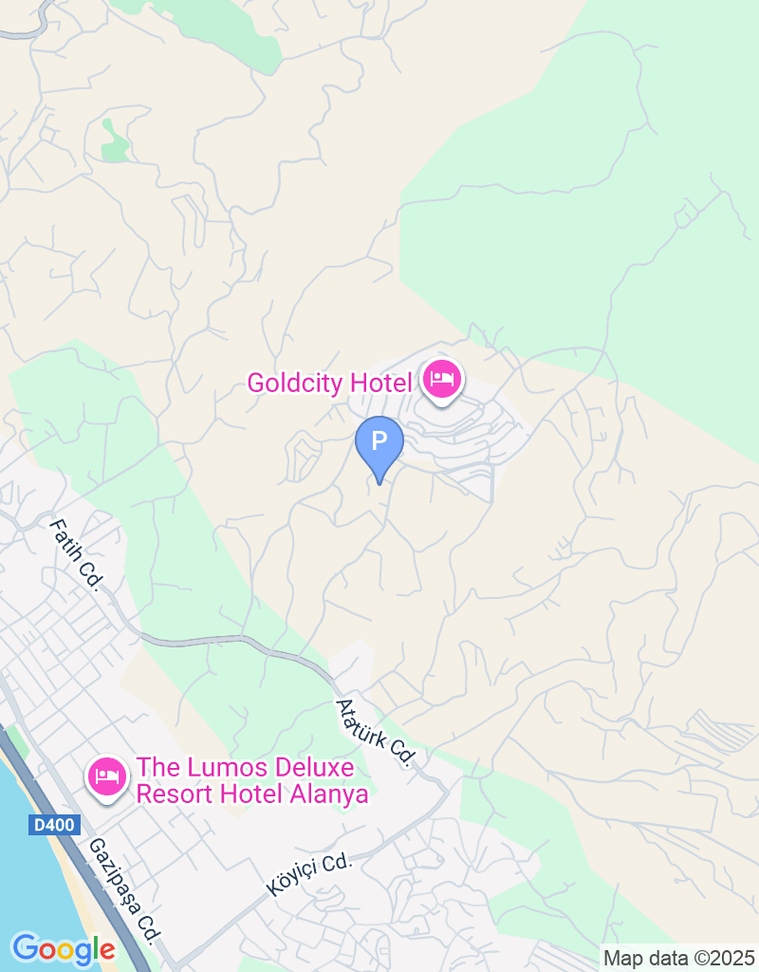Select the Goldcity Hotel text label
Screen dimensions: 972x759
(x=330, y=383)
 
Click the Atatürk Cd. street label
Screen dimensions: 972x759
(x=377, y=733)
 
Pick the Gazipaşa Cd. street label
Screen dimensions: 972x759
(x=121, y=889)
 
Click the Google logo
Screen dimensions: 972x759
(x=64, y=948)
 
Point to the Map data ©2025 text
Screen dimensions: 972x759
(x=678, y=958)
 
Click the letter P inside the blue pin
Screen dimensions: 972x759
(x=379, y=440)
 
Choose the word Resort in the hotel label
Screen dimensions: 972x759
(x=172, y=794)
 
